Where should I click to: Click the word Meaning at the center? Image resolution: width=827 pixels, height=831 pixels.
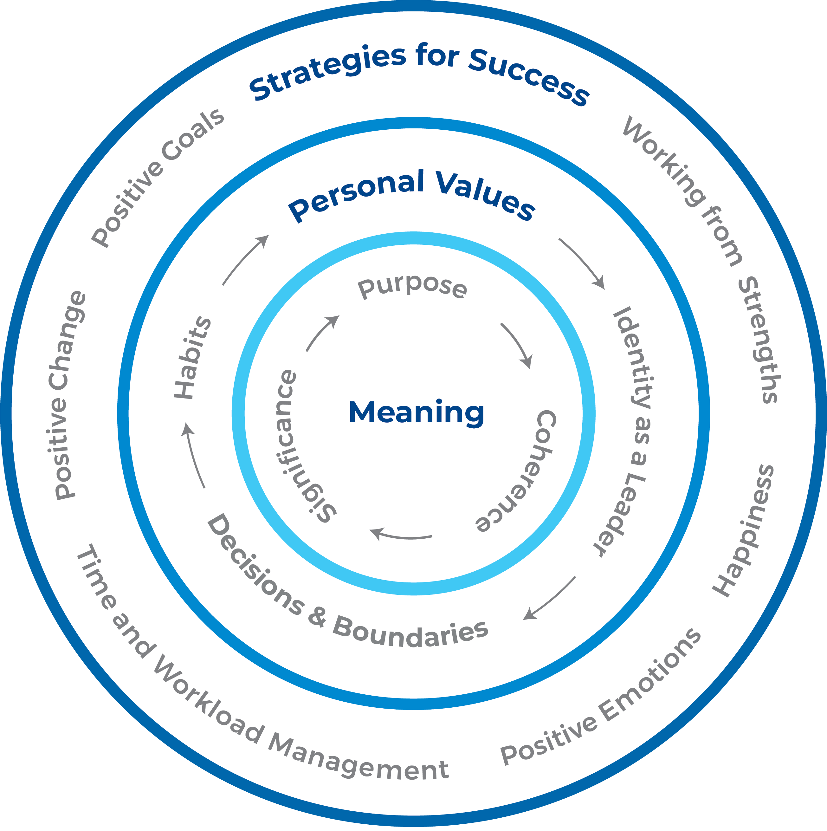click(416, 412)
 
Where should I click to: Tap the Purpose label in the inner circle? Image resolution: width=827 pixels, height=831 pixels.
click(412, 287)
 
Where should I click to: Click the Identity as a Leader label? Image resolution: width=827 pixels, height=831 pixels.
click(630, 430)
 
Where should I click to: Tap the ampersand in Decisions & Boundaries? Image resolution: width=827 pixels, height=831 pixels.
click(317, 618)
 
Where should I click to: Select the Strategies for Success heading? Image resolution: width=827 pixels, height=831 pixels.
click(419, 73)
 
